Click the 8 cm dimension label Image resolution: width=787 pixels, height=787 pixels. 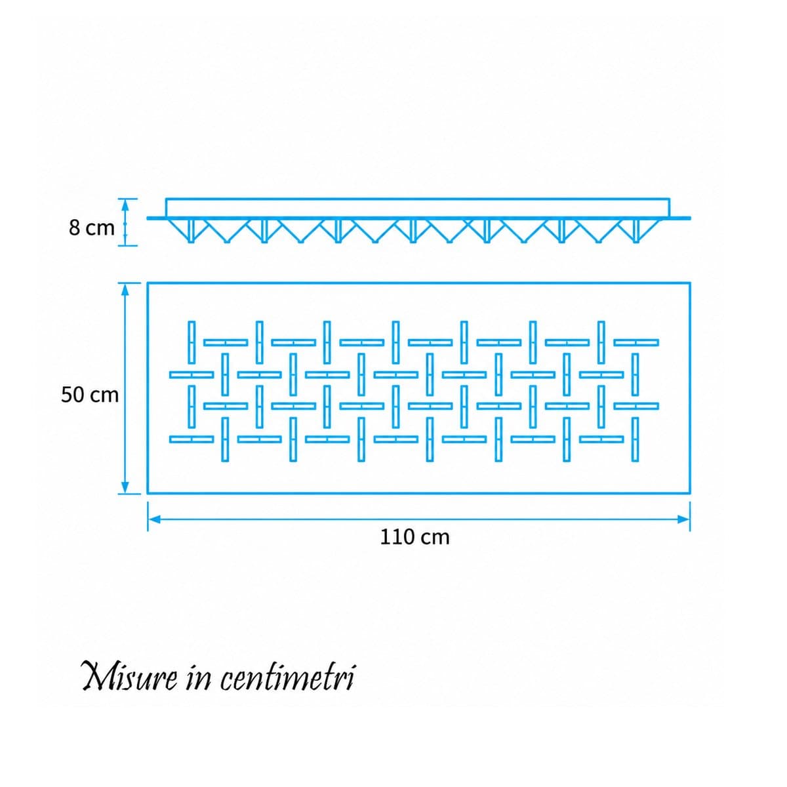pos(91,228)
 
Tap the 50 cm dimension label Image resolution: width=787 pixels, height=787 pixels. pos(89,395)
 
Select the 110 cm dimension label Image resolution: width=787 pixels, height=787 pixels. pos(414,537)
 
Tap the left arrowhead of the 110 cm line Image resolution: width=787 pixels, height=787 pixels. pos(153,519)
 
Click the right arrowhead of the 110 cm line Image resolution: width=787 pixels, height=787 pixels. pos(683,519)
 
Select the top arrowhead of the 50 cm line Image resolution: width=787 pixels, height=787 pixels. pos(125,289)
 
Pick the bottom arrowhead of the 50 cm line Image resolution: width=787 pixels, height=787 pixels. pos(125,487)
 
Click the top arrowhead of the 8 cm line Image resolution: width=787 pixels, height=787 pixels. pos(125,204)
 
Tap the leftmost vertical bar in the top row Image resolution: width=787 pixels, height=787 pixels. pos(191,342)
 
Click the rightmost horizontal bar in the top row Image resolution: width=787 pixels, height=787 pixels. pos(636,342)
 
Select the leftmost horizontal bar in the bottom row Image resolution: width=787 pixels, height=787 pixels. pos(192,439)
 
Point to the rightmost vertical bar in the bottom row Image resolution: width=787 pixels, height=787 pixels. pos(635,439)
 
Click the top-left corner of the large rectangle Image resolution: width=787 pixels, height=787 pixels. pos(148,283)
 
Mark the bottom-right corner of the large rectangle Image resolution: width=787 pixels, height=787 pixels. pos(690,493)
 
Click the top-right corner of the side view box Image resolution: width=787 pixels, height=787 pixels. pos(670,199)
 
